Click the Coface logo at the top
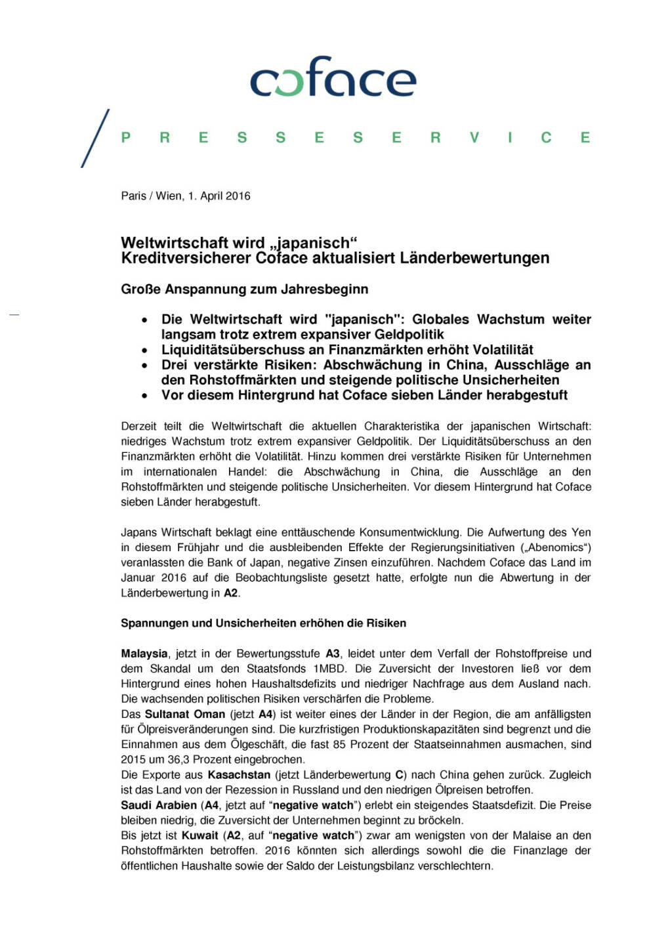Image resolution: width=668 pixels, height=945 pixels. click(x=333, y=78)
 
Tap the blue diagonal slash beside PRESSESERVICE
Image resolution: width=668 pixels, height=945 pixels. click(x=95, y=138)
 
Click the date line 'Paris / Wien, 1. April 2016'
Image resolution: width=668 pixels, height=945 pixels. click(x=186, y=196)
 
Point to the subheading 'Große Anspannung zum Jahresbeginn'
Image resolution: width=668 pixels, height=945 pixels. click(x=244, y=289)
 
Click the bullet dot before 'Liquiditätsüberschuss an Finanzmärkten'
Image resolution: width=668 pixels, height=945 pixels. click(x=144, y=350)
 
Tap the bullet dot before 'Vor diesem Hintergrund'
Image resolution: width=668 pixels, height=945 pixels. click(x=144, y=396)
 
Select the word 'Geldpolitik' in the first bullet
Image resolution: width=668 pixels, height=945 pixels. click(x=407, y=335)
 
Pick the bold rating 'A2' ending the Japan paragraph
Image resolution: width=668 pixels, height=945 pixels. click(x=230, y=593)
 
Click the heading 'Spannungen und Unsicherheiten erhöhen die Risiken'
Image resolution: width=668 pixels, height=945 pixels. click(x=263, y=623)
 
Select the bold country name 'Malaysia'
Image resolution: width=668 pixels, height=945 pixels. click(x=144, y=654)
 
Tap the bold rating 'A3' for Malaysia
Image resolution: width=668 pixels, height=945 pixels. click(x=333, y=654)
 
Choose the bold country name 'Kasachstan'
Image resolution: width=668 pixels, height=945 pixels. click(x=239, y=775)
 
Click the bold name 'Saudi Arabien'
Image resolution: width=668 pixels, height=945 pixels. click(x=159, y=805)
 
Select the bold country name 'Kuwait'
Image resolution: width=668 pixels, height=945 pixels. click(x=199, y=835)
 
